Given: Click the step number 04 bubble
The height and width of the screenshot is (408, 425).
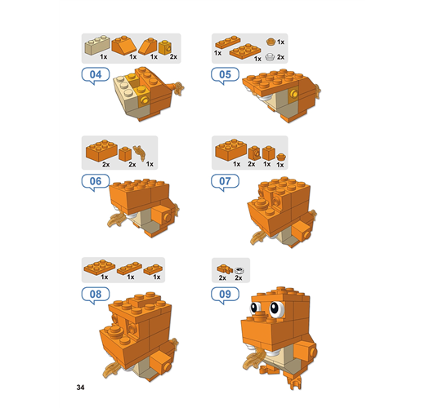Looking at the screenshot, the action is (96, 75).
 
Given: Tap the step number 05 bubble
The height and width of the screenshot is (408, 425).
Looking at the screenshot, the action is (225, 75).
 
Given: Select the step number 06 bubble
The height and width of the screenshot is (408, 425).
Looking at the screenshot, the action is (96, 181).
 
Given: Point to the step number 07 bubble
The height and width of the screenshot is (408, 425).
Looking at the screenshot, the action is (225, 181).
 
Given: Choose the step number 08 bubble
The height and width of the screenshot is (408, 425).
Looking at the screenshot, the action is (96, 295).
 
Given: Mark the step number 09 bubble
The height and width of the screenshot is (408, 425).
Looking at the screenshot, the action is (225, 295).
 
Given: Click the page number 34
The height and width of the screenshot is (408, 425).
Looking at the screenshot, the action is (80, 388).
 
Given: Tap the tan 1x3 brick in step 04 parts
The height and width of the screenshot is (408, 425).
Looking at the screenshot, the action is (97, 45).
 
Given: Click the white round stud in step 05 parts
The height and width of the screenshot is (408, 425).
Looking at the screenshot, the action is (270, 57).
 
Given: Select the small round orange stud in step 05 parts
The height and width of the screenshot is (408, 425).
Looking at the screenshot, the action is (271, 42).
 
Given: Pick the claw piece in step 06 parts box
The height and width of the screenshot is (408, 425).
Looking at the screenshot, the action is (140, 153).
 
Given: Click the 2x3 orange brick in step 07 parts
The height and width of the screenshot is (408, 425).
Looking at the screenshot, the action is (231, 150).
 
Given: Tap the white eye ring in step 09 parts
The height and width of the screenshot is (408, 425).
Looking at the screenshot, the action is (239, 270).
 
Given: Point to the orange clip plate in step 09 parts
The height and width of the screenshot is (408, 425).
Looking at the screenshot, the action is (225, 269).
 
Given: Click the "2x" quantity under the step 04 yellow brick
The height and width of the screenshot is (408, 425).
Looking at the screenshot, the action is (173, 56).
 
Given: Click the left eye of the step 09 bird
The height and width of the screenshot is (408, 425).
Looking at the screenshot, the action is (254, 308).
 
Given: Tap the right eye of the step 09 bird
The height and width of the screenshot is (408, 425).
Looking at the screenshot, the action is (276, 308).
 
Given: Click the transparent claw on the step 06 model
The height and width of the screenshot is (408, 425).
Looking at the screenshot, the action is (117, 220).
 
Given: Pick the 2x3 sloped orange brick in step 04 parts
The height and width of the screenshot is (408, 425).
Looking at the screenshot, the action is (124, 45).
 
